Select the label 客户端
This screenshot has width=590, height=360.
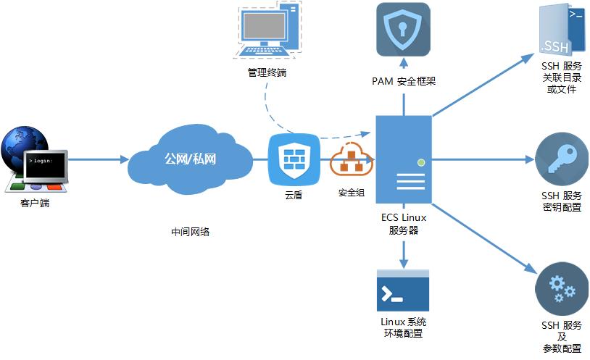click(35, 204)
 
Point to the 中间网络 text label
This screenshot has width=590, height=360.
click(190, 232)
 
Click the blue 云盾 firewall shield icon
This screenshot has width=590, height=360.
click(293, 158)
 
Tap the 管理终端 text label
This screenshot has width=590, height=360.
click(266, 72)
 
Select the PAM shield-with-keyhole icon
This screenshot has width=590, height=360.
click(403, 30)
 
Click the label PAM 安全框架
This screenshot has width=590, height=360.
click(403, 81)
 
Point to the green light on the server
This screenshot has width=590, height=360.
click(420, 162)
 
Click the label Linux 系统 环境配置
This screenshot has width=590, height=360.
click(403, 327)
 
